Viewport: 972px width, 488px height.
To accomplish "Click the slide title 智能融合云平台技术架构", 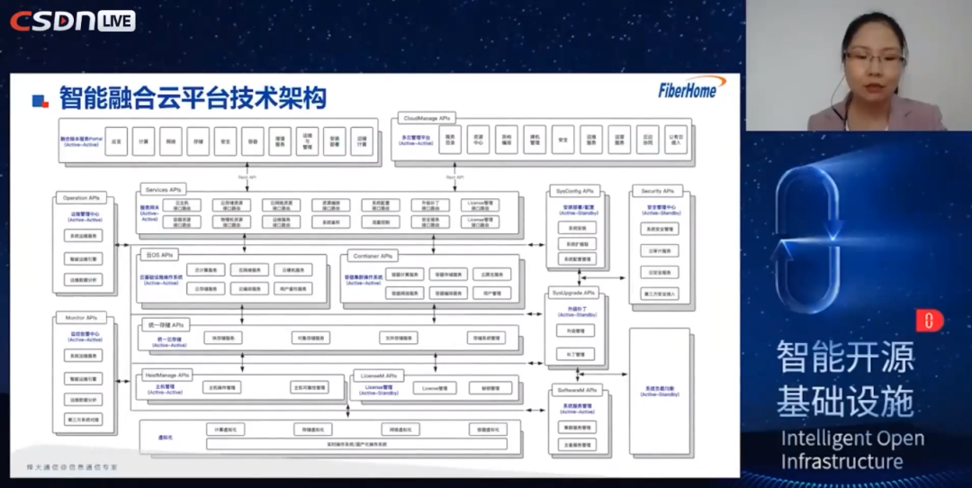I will click(x=193, y=97).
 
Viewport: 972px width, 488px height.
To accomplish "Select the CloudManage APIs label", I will click(x=427, y=118).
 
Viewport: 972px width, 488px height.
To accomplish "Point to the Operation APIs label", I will click(x=81, y=197).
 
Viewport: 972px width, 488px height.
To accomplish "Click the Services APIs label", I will click(x=163, y=190).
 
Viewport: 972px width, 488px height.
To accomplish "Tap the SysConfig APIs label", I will click(x=575, y=191).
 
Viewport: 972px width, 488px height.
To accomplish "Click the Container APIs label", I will click(x=372, y=256).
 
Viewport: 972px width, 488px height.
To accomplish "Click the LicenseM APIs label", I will click(x=378, y=375).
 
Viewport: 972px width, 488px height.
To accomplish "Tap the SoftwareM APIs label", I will click(x=576, y=390).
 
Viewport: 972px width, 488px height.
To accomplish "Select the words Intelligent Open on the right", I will click(x=851, y=439).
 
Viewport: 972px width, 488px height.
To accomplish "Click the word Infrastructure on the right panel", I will click(x=841, y=462).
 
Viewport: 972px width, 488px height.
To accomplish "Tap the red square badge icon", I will click(x=930, y=321).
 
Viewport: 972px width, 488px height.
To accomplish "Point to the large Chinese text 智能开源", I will click(x=845, y=358).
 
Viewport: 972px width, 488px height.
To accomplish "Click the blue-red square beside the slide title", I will click(x=40, y=100).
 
